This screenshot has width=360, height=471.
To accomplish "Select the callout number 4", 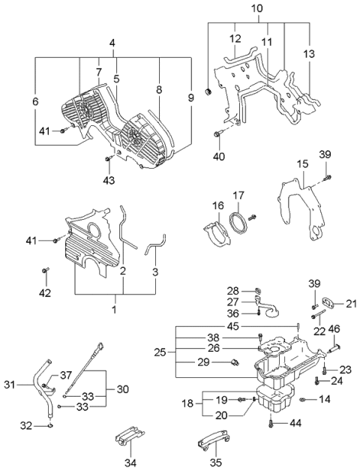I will point(112,44).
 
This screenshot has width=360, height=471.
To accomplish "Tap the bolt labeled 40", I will point(218,135).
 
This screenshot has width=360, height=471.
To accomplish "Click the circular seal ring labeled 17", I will point(238,223).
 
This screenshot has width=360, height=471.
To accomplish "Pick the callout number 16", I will point(217,204).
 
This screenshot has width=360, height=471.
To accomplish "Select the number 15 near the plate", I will point(302,163).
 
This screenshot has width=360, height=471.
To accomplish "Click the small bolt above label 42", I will point(46,269).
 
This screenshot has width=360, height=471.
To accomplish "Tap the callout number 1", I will point(115,309).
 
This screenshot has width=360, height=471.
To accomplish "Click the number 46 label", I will point(334,328).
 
